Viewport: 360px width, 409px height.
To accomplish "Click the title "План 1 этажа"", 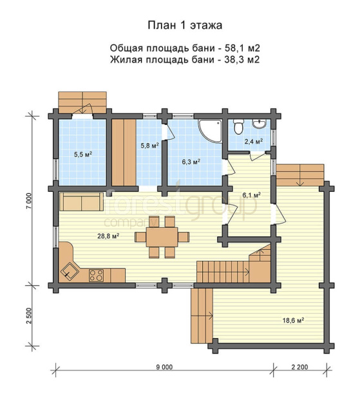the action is (185, 26).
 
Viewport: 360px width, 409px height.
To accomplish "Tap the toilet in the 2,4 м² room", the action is (238, 127).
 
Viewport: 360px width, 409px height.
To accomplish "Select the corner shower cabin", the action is (210, 131).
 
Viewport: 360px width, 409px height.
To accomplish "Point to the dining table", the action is (162, 237).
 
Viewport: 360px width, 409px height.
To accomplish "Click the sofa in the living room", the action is (82, 202).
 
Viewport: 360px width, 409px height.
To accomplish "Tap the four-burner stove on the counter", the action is (96, 275).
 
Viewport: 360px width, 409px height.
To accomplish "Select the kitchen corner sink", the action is (70, 272).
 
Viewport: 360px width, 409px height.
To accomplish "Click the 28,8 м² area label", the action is (108, 236).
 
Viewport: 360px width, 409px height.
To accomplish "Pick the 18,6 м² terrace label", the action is (294, 320).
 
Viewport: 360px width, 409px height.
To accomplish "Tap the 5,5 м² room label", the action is (83, 155).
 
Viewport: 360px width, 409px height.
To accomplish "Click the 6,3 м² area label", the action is (191, 162).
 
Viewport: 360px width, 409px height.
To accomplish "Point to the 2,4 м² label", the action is (253, 141).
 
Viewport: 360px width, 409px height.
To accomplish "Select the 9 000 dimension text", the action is (164, 367).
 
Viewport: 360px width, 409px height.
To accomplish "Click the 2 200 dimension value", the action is (299, 367).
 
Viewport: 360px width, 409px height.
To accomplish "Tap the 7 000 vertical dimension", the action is (29, 201).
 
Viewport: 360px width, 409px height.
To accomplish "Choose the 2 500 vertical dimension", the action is (29, 316).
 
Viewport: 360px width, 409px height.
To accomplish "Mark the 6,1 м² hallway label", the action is (252, 195).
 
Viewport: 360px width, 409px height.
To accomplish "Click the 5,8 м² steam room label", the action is (150, 146).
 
